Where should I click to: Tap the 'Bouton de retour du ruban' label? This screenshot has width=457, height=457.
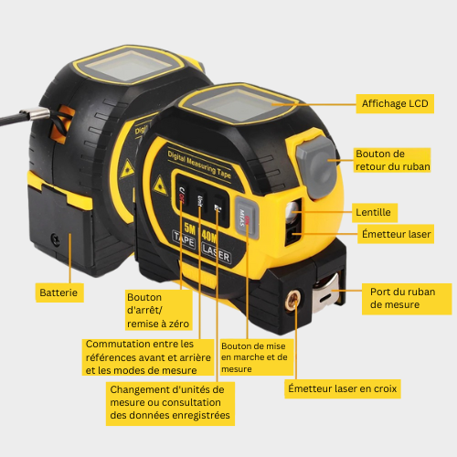click(391, 160)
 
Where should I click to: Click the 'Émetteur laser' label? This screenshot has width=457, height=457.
click(394, 234)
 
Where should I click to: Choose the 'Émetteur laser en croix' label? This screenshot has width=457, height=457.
click(342, 389)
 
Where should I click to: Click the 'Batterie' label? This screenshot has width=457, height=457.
click(59, 292)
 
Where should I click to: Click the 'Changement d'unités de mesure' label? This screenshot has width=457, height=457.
click(170, 401)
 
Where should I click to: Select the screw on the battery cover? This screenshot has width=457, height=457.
click(56, 239)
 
